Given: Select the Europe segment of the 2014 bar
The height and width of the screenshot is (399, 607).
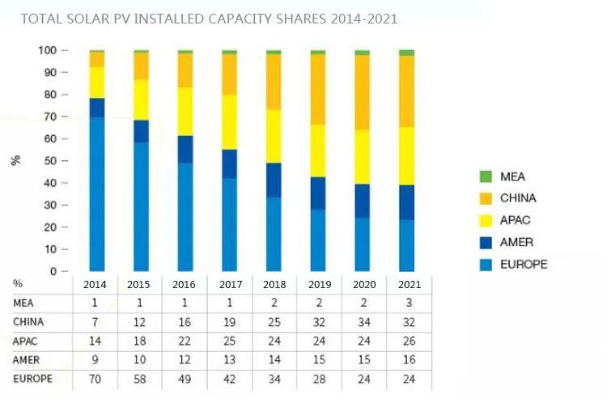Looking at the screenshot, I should click(97, 194).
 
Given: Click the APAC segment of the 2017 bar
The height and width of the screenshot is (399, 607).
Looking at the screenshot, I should click(230, 122).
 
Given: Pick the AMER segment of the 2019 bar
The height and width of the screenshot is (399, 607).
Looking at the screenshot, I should click(318, 193).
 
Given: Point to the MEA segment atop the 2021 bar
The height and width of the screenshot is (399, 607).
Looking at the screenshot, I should click(406, 53).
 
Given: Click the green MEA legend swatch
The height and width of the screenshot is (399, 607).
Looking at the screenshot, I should click(486, 176).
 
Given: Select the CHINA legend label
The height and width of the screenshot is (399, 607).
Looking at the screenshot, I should click(518, 198).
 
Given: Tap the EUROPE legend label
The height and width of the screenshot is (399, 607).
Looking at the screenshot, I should click(523, 264).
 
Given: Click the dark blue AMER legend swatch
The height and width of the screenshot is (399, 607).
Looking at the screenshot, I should click(486, 242).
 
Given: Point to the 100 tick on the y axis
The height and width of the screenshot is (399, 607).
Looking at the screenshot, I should click(47, 50).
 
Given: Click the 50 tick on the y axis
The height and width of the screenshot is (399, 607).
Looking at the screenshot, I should click(50, 161).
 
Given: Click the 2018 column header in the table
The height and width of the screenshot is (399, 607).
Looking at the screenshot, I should click(274, 284).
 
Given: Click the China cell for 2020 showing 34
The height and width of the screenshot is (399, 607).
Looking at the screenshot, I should click(362, 321).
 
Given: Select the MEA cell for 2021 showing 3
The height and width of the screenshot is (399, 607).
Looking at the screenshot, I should click(406, 303).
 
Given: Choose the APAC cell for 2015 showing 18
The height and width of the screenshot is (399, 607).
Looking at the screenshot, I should click(141, 340).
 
